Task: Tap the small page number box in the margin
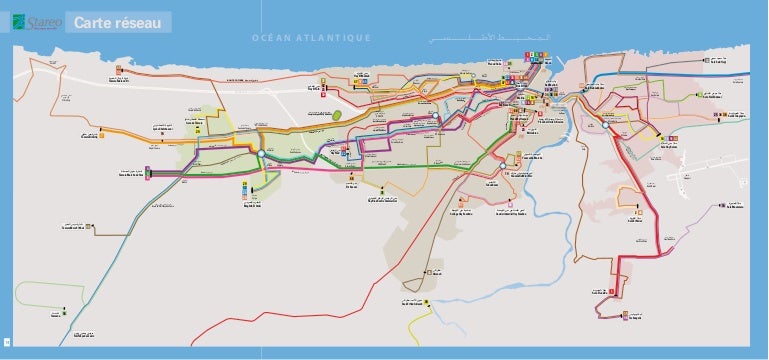(6, 344)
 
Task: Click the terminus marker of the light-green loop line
(65, 318)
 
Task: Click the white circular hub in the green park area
(260, 153)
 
